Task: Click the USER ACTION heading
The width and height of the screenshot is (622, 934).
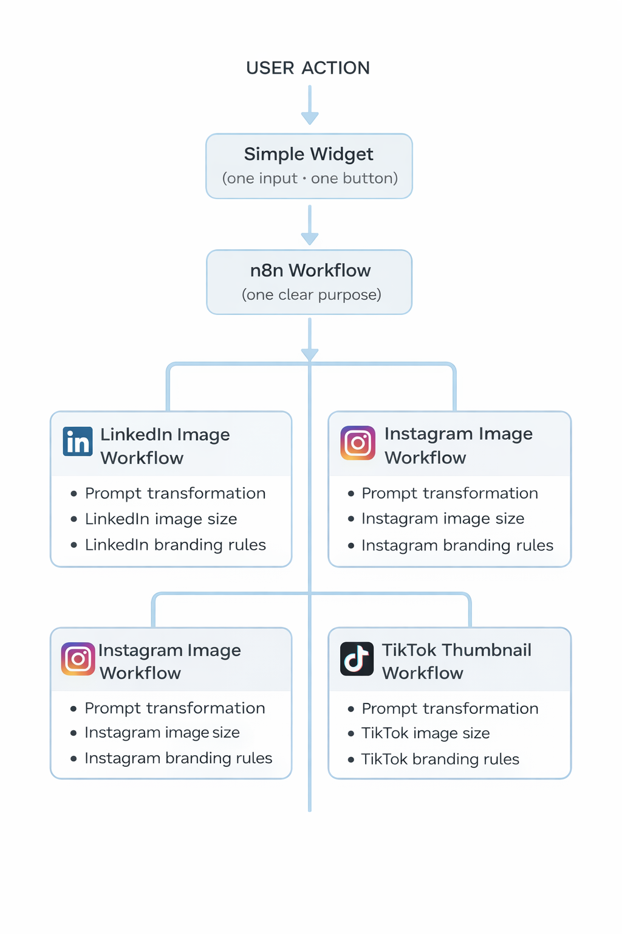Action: click(308, 67)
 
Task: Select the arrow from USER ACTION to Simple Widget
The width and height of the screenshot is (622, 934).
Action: click(310, 106)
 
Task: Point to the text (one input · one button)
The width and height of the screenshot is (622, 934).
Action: click(310, 178)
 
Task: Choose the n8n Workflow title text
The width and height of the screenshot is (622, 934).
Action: click(310, 271)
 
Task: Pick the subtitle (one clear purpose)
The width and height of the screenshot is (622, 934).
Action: click(311, 295)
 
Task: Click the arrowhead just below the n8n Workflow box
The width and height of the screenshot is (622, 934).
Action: click(310, 354)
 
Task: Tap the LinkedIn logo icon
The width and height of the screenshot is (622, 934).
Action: click(78, 441)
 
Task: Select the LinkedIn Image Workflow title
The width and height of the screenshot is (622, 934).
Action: click(164, 446)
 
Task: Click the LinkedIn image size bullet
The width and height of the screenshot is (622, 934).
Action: click(161, 519)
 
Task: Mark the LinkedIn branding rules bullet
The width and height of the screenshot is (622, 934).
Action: click(175, 545)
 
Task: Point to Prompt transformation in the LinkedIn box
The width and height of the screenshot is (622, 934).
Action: click(175, 493)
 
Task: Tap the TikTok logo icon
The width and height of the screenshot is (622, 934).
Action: click(357, 659)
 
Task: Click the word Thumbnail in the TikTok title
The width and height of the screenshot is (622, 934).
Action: click(487, 650)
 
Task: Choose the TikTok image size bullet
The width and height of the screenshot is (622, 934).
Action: click(425, 733)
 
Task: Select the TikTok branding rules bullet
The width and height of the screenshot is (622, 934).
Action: click(440, 759)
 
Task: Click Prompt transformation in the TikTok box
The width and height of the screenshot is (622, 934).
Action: click(449, 708)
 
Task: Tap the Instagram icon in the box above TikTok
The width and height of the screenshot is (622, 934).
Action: click(358, 443)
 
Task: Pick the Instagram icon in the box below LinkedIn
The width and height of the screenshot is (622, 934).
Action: click(78, 659)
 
